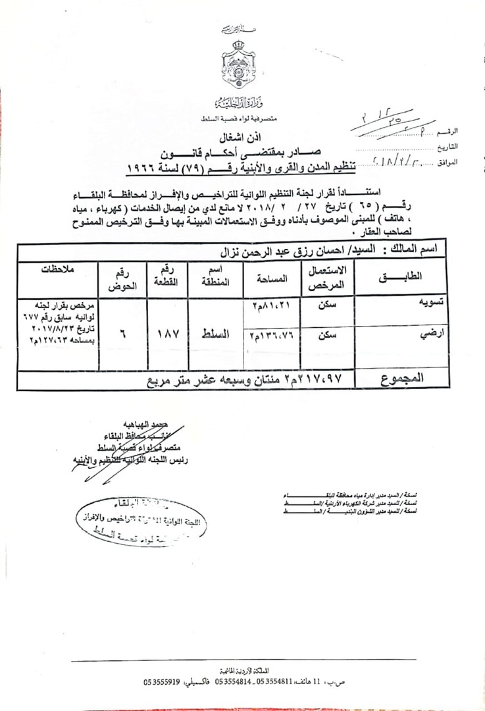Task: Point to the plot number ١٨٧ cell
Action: [x=167, y=335]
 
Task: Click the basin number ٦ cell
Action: [x=122, y=335]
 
